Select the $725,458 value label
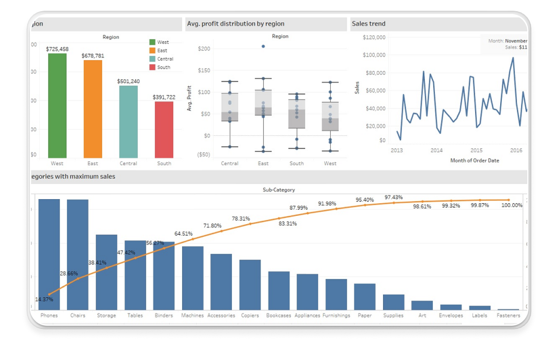[57, 49]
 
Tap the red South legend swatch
[152, 67]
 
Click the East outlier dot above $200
[263, 46]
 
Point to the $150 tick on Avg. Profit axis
[204, 70]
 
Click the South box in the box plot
[297, 113]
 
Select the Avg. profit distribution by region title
[236, 24]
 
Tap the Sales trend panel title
[368, 24]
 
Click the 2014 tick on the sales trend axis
[436, 151]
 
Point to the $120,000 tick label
[374, 37]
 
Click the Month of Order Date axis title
[474, 160]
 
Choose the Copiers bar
[250, 284]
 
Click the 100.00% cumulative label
[512, 205]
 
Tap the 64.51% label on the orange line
[183, 234]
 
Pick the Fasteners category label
[508, 315]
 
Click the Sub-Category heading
[279, 190]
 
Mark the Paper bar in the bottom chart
[365, 296]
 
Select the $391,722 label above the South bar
[164, 97]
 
